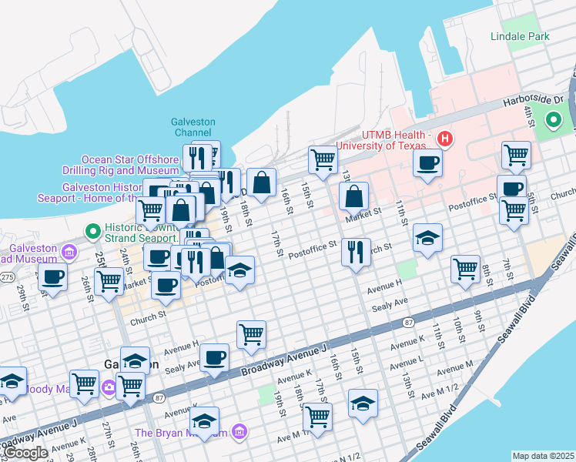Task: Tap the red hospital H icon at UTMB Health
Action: pyautogui.click(x=444, y=139)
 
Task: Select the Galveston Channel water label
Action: pyautogui.click(x=193, y=127)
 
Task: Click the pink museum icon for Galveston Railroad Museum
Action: pyautogui.click(x=70, y=251)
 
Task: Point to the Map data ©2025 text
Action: pyautogui.click(x=543, y=456)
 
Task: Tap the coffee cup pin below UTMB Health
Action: pyautogui.click(x=427, y=162)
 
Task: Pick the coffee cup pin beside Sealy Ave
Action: pyautogui.click(x=215, y=357)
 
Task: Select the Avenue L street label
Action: pyautogui.click(x=407, y=360)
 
